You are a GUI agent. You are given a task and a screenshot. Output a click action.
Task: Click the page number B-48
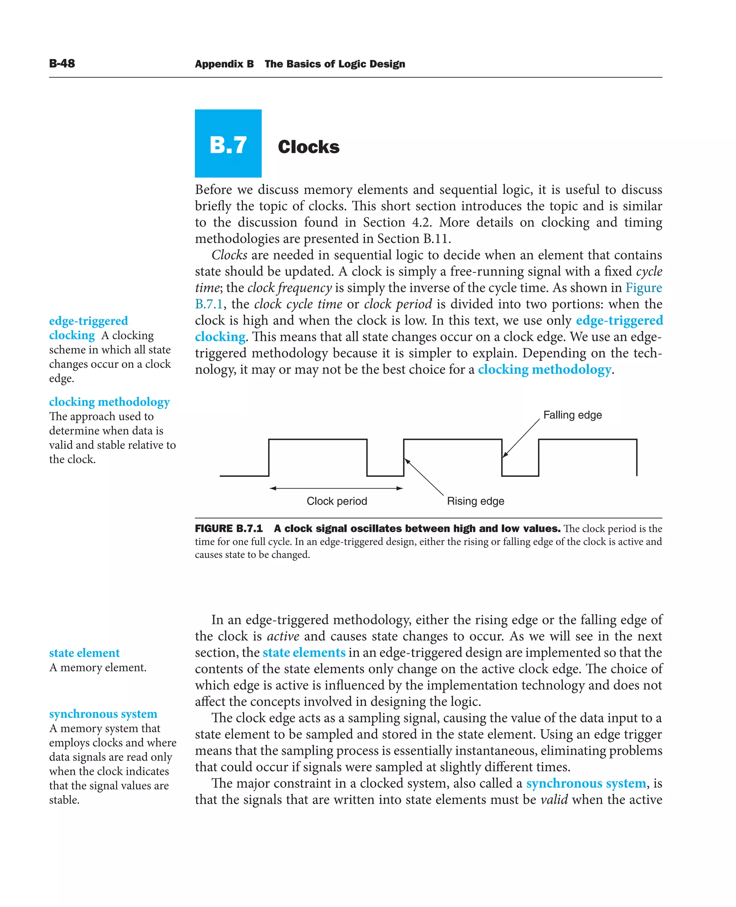[x=62, y=64]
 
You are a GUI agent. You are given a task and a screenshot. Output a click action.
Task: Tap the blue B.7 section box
[x=228, y=144]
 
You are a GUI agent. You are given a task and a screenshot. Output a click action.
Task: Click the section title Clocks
[x=308, y=147]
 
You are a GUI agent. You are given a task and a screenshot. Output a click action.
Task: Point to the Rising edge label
[x=475, y=501]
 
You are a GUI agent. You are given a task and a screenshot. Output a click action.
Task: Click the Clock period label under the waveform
[x=337, y=501]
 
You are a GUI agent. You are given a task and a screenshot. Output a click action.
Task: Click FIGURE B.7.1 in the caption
[x=229, y=529]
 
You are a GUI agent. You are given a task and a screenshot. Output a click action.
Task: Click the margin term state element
[x=84, y=653]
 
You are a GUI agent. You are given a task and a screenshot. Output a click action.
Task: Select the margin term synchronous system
[x=103, y=714]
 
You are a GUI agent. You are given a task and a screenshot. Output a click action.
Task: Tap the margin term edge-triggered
[x=88, y=321]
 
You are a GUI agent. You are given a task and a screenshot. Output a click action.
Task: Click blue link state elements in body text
[x=304, y=652]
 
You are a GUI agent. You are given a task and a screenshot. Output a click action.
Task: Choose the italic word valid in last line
[x=554, y=800]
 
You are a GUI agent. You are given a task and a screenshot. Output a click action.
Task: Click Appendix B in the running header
[x=224, y=64]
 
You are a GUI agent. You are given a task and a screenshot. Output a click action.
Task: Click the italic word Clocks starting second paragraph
[x=229, y=255]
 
